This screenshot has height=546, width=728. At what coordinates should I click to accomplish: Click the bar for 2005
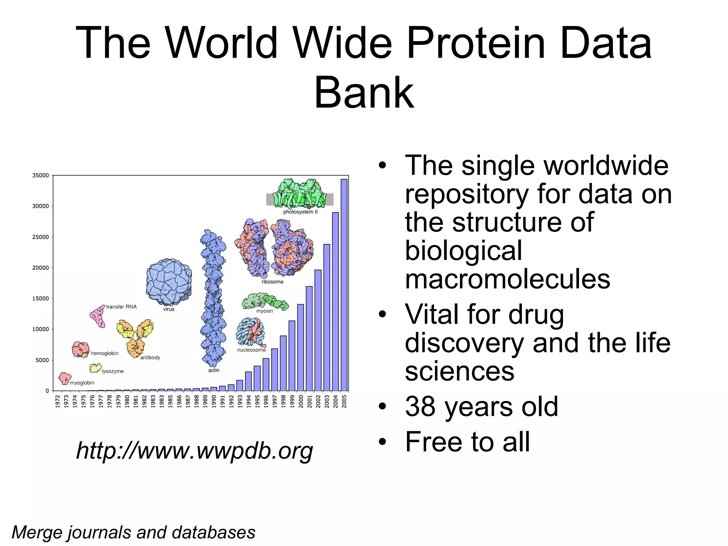click(344, 284)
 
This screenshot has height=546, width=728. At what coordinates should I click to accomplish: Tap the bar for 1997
click(274, 369)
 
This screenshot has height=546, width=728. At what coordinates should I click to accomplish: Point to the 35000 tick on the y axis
click(41, 175)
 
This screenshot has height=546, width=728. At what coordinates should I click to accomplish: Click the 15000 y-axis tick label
click(41, 299)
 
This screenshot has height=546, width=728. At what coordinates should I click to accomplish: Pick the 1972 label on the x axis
click(58, 401)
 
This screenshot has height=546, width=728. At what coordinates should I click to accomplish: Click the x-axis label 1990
click(214, 401)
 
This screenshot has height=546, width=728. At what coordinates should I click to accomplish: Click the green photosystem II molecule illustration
click(300, 194)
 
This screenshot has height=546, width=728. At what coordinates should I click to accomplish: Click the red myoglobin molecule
click(65, 378)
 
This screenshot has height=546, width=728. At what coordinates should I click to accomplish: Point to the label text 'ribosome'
click(272, 282)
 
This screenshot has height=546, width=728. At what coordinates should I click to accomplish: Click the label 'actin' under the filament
click(214, 370)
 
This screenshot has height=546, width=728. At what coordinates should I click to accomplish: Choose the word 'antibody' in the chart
click(150, 358)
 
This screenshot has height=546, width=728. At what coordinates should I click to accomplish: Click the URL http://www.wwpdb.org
click(194, 451)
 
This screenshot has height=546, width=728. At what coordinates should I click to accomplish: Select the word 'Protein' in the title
click(476, 43)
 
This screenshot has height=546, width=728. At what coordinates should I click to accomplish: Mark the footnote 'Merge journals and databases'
click(133, 532)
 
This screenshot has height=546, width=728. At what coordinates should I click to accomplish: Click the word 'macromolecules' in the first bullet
click(507, 279)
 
